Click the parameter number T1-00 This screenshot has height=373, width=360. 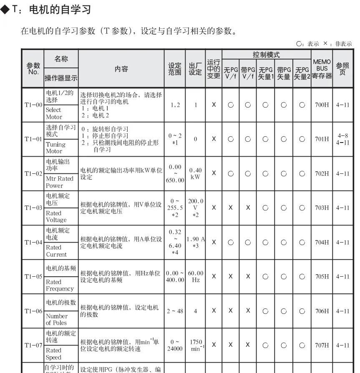pyautogui.click(x=33, y=105)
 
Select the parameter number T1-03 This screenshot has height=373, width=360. pyautogui.click(x=33, y=208)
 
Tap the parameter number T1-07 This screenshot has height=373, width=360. pyautogui.click(x=33, y=345)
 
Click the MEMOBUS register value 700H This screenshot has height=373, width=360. pyautogui.click(x=322, y=105)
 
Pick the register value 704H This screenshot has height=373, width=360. pyautogui.click(x=322, y=242)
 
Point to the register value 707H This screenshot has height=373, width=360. pyautogui.click(x=322, y=345)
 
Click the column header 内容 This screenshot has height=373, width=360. pyautogui.click(x=121, y=69)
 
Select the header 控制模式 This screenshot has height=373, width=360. pyautogui.click(x=266, y=55)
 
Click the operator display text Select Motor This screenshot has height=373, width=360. pyautogui.click(x=53, y=113)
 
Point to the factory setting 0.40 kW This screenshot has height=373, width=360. pyautogui.click(x=195, y=173)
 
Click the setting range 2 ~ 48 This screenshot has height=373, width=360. pyautogui.click(x=174, y=311)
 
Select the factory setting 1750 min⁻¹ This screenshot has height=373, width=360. pyautogui.click(x=195, y=345)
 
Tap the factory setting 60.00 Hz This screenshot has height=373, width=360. pyautogui.click(x=195, y=276)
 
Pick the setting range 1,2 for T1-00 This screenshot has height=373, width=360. pyautogui.click(x=174, y=105)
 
